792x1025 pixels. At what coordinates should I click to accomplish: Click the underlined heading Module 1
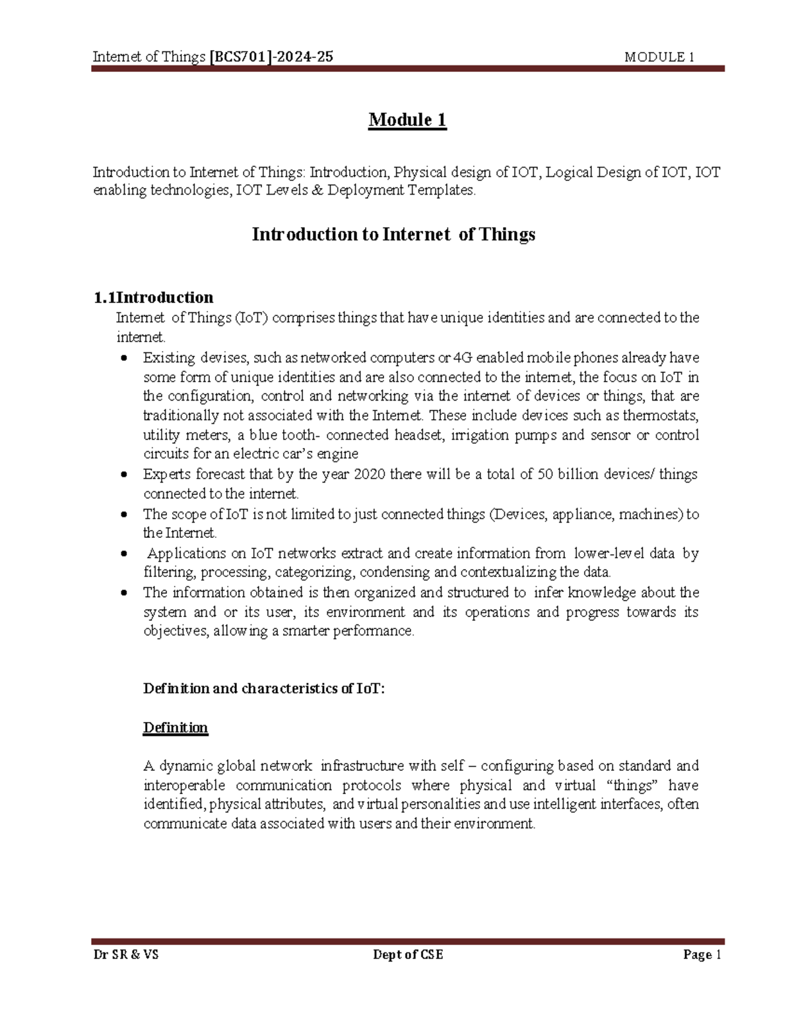[407, 120]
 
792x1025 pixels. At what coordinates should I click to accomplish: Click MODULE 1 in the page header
[658, 57]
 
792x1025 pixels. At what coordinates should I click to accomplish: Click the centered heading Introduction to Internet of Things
[393, 234]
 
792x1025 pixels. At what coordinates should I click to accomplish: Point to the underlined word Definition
[176, 727]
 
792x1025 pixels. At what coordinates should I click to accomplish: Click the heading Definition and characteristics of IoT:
[263, 688]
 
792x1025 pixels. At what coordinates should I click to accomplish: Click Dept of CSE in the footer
[408, 954]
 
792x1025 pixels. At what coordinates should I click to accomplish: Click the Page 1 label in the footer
[703, 954]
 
